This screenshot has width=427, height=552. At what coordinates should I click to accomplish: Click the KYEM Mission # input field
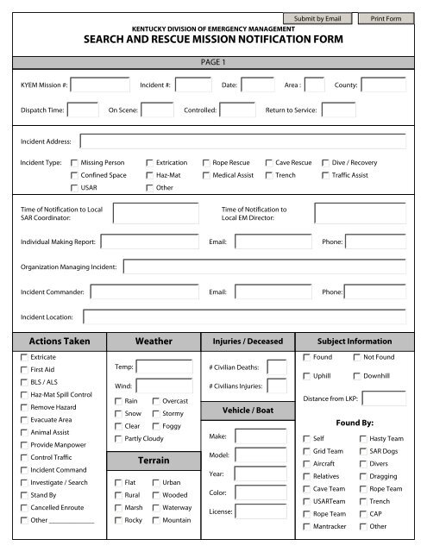[101, 85]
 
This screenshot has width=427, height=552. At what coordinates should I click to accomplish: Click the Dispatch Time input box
[83, 110]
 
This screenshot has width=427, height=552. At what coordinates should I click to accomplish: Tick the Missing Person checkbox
[74, 162]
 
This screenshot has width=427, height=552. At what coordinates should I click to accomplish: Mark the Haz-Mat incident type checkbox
[150, 175]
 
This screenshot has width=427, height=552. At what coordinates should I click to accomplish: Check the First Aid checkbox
[23, 369]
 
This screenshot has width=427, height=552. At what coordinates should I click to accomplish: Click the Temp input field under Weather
[164, 367]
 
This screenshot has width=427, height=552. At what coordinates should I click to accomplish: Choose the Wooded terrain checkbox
[155, 495]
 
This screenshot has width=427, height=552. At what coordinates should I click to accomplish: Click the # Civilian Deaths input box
[277, 367]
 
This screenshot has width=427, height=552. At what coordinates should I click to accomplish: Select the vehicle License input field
[261, 511]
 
